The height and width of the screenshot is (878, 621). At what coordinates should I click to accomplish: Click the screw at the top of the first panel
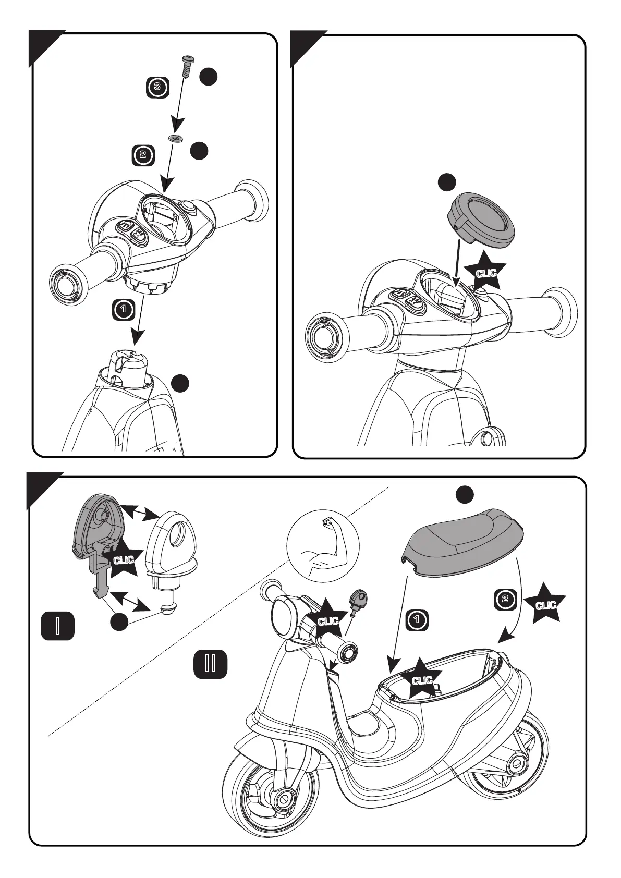coord(187,67)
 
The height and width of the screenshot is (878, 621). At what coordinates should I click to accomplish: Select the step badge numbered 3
coord(157,87)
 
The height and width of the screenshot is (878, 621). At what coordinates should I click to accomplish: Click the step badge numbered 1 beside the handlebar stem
coord(124,310)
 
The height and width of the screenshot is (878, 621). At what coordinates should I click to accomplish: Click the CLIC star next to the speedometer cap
coord(485,272)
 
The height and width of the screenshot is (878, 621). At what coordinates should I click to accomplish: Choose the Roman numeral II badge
coord(211,664)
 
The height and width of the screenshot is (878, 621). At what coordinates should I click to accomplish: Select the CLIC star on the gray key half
coord(124,559)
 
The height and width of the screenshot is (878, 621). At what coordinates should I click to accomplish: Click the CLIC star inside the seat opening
coord(422,680)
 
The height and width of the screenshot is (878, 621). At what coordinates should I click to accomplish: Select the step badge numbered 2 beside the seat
coord(505,599)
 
